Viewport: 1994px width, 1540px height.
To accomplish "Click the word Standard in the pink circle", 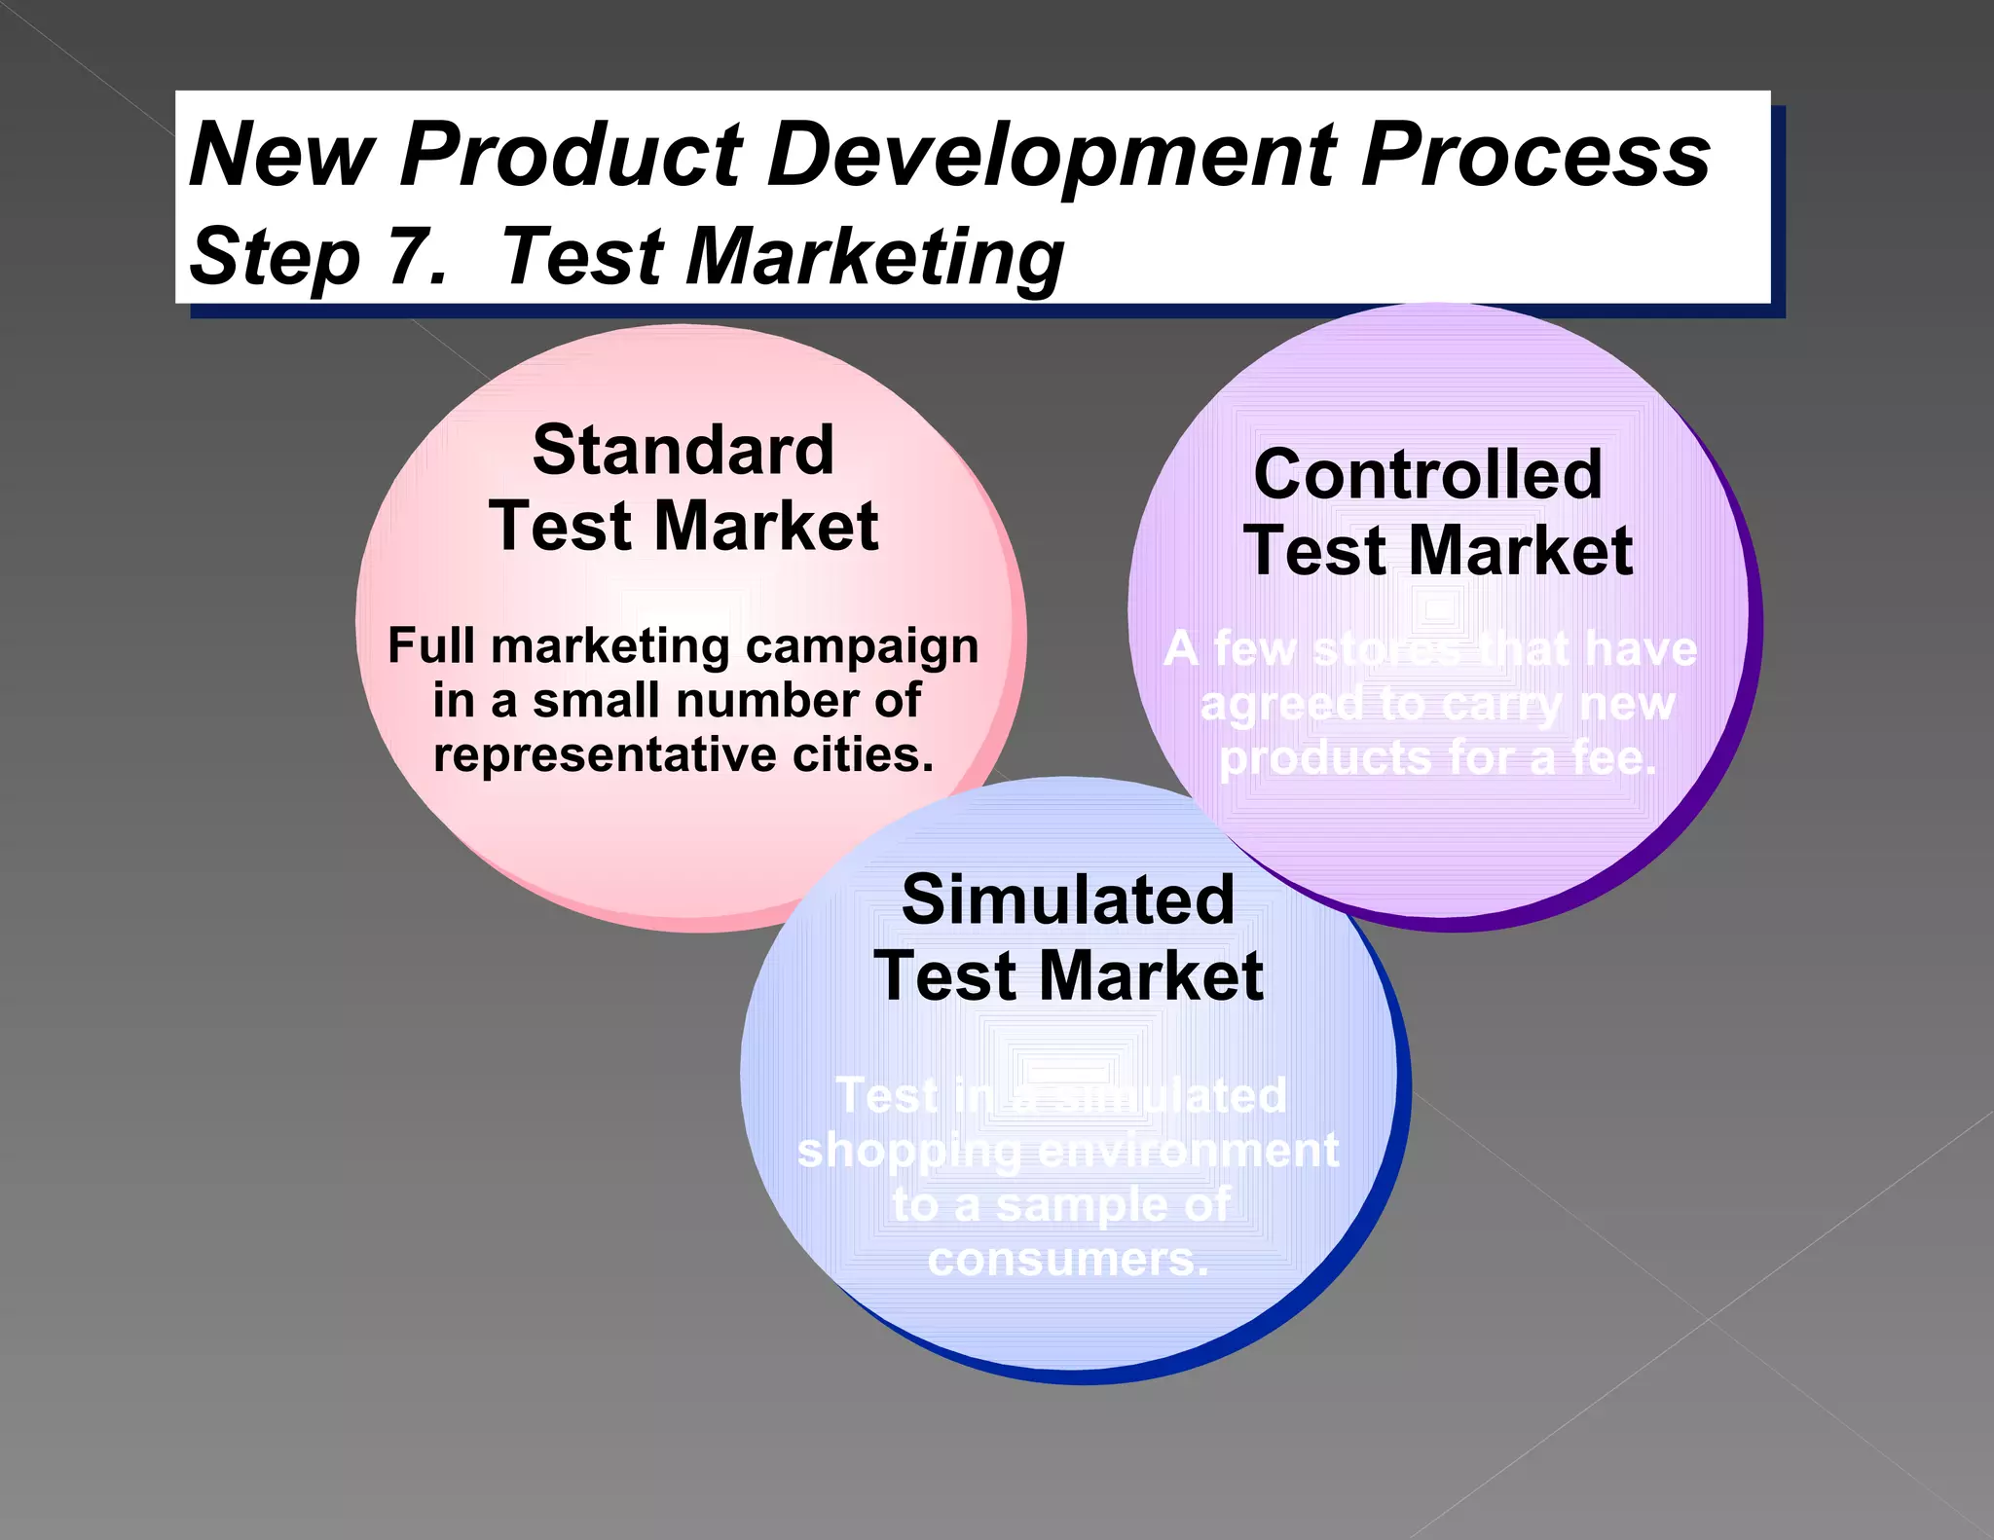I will pyautogui.click(x=683, y=451).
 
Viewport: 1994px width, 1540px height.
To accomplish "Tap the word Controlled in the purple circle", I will pyautogui.click(x=1427, y=475).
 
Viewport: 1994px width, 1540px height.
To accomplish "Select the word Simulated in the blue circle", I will pyautogui.click(x=1067, y=899).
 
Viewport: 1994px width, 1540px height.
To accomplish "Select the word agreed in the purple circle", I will pyautogui.click(x=1281, y=704).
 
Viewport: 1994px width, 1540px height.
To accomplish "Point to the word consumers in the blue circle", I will pyautogui.click(x=1067, y=1260).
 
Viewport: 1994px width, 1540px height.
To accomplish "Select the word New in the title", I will pyautogui.click(x=281, y=156).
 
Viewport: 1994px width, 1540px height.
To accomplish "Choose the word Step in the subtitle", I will pyautogui.click(x=275, y=257).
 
